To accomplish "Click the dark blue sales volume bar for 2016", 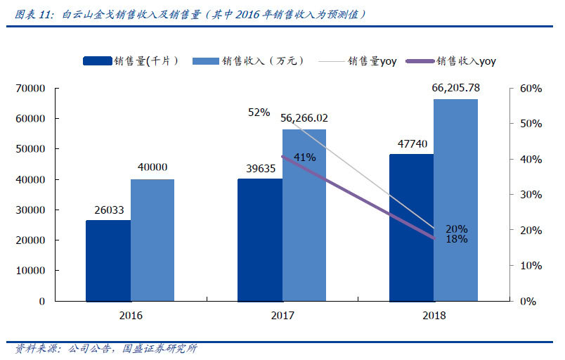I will pos(108,260).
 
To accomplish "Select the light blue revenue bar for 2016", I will pos(152,240).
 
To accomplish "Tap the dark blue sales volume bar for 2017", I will pos(259,239).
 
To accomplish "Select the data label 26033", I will pos(108,209).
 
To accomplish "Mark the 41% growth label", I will pos(304,157).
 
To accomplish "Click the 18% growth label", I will pos(456,239).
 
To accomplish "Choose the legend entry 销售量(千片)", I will pos(130,61).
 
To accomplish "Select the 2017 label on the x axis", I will pos(282,316).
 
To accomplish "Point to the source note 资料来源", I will pos(37,349).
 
